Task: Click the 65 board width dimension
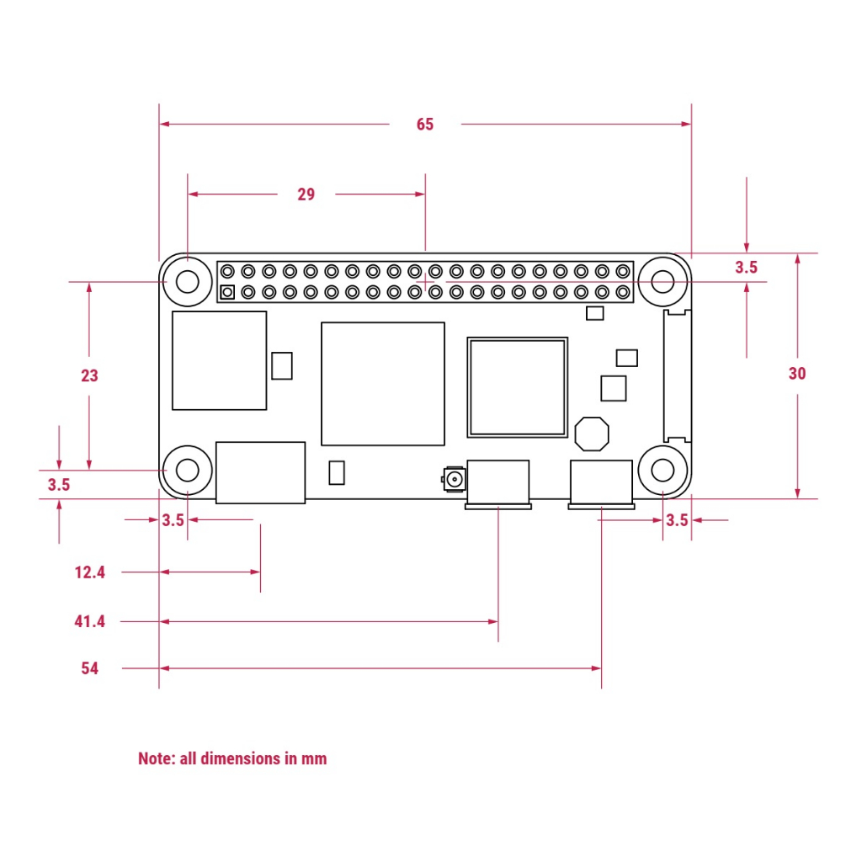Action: coord(425,125)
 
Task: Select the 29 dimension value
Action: coord(306,194)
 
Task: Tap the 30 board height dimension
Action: coord(797,374)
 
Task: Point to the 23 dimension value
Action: coord(89,376)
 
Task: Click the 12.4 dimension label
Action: coord(90,572)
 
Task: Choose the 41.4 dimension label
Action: coord(90,622)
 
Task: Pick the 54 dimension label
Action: coord(90,668)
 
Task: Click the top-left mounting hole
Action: coord(188,280)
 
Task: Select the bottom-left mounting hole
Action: coord(188,469)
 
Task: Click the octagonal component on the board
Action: coord(592,433)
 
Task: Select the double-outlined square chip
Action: coord(518,387)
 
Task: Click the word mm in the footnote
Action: coord(315,758)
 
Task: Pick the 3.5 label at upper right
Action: coord(746,268)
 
